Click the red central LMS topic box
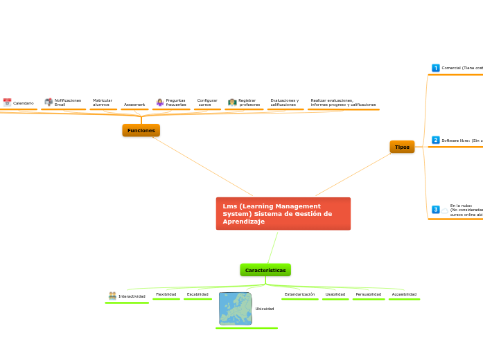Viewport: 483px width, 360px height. (x=283, y=214)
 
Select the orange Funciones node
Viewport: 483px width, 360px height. (x=141, y=130)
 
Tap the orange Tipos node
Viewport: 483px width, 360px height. (x=402, y=147)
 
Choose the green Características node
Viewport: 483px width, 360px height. (x=265, y=269)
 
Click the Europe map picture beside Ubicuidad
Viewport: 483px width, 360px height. (x=235, y=309)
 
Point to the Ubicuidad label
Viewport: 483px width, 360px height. (x=265, y=309)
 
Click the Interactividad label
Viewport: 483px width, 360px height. (x=132, y=296)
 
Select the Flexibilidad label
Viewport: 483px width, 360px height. (x=166, y=294)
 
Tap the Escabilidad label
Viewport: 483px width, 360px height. (x=197, y=294)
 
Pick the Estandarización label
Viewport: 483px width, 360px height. (x=299, y=294)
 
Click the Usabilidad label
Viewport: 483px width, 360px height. (x=335, y=294)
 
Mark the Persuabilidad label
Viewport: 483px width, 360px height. (x=368, y=294)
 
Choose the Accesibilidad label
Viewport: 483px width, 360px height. (x=404, y=294)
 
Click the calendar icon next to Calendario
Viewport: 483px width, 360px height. (x=7, y=102)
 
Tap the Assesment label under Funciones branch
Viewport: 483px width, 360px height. (x=134, y=105)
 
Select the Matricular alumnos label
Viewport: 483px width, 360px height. (x=103, y=102)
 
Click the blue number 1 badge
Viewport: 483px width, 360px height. (x=436, y=68)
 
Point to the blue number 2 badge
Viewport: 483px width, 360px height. (x=436, y=140)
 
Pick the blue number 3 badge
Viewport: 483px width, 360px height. (x=436, y=209)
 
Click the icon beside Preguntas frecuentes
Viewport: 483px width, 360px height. (x=159, y=102)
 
